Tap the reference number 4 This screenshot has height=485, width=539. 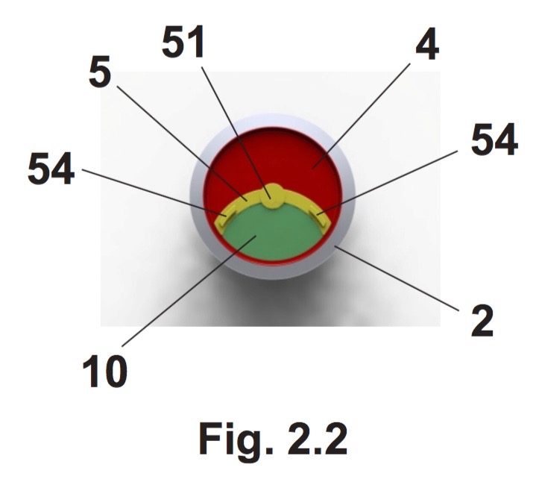(427, 44)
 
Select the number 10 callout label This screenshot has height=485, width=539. (105, 372)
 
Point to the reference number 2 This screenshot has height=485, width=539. (482, 321)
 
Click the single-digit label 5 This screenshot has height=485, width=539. (100, 72)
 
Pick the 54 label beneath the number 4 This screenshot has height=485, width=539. (494, 140)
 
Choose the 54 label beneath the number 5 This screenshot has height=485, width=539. (51, 169)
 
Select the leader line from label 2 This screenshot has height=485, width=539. (397, 278)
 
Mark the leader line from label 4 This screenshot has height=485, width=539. (361, 116)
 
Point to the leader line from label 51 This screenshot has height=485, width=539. (236, 132)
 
